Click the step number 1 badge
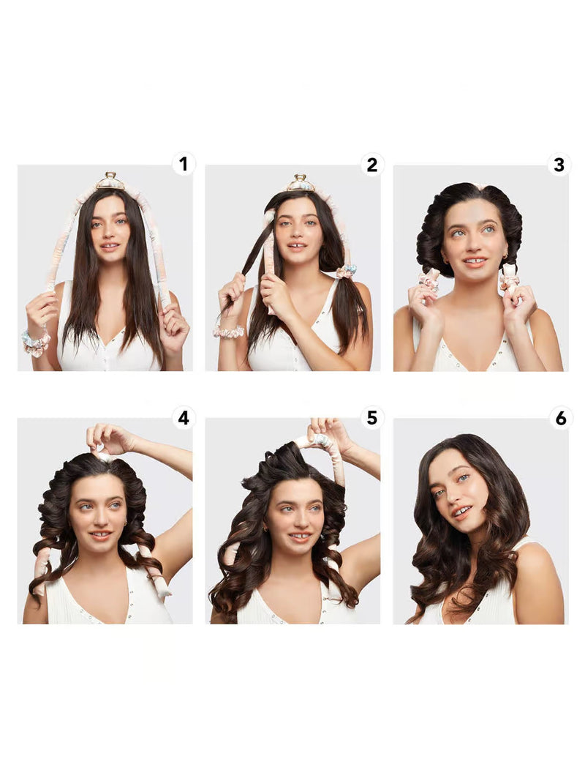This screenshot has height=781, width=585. pyautogui.click(x=184, y=164)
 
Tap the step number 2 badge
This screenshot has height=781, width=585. pyautogui.click(x=371, y=165)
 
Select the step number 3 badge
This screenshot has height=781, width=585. pyautogui.click(x=559, y=165)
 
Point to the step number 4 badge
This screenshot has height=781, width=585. pyautogui.click(x=184, y=417)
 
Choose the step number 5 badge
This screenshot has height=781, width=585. pyautogui.click(x=371, y=417)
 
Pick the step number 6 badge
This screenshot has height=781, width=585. pyautogui.click(x=560, y=418)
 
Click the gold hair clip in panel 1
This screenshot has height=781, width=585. pyautogui.click(x=110, y=181)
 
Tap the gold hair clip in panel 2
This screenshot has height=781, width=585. pyautogui.click(x=301, y=183)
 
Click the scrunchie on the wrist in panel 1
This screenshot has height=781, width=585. pyautogui.click(x=36, y=343)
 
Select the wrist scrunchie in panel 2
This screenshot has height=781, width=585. pyautogui.click(x=229, y=332)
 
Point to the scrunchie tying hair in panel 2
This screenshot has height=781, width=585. pyautogui.click(x=346, y=271)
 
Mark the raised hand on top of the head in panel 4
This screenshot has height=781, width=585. pyautogui.click(x=105, y=437)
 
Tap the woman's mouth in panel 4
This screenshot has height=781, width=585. pyautogui.click(x=101, y=536)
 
